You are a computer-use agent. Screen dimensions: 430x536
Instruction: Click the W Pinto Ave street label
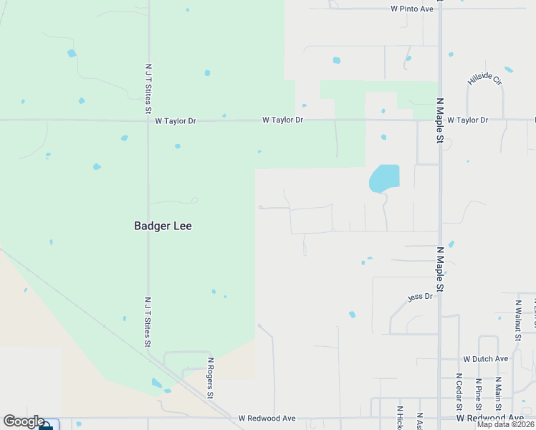pyautogui.click(x=412, y=9)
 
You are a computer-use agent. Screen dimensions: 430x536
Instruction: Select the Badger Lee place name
pyautogui.click(x=163, y=226)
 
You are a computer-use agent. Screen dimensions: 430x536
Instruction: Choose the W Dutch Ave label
pyautogui.click(x=485, y=358)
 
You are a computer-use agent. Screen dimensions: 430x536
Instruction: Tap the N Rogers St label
pyautogui.click(x=211, y=378)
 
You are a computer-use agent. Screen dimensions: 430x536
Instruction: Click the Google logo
pyautogui.click(x=24, y=421)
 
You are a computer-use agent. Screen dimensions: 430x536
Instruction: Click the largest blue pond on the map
pyautogui.click(x=383, y=178)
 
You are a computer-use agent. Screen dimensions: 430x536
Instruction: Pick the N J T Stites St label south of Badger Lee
pyautogui.click(x=148, y=322)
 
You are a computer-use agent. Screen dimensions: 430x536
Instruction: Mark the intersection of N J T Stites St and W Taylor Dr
pyautogui.click(x=148, y=120)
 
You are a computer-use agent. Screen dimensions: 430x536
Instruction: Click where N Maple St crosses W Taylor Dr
pyautogui.click(x=439, y=120)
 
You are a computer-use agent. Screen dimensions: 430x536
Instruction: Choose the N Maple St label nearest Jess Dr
pyautogui.click(x=440, y=269)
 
